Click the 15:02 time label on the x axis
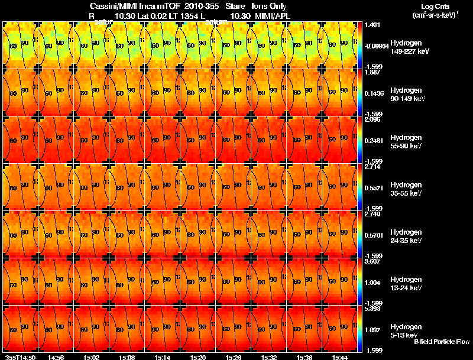[91, 357]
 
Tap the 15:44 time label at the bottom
[339, 357]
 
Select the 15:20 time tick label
[197, 357]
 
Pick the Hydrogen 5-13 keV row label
[405, 330]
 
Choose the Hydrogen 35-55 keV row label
[406, 189]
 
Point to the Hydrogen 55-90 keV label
[406, 141]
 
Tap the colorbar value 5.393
[372, 309]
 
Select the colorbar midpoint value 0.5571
[373, 187]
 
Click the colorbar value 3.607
[372, 261]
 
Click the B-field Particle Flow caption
[441, 342]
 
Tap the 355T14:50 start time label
[20, 357]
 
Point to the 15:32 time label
[268, 357]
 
